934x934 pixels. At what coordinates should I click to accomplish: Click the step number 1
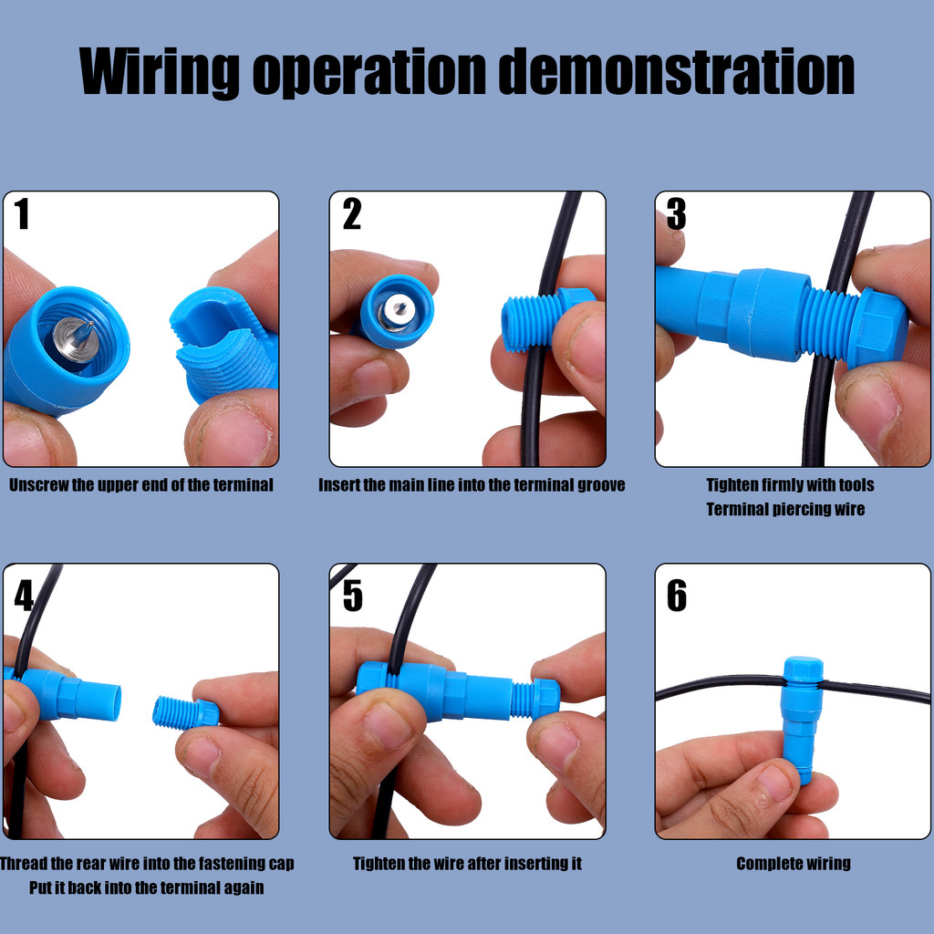point(23,214)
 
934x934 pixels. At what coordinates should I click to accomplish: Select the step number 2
point(352,214)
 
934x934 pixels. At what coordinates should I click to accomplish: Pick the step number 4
point(24,596)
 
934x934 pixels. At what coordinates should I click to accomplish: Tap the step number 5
point(352,596)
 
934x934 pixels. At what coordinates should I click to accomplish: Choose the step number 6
point(676,596)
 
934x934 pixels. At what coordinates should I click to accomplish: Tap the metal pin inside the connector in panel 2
point(396,310)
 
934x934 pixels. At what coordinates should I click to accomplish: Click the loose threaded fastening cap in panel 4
point(185,712)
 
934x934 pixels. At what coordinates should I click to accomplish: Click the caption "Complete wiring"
point(793,863)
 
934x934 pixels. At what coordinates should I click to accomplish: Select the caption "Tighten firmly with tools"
point(790,484)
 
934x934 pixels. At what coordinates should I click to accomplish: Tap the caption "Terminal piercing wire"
point(784,509)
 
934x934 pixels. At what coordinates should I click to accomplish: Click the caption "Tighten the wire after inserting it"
point(467,863)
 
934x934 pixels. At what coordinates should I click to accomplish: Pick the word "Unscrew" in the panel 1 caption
point(37,484)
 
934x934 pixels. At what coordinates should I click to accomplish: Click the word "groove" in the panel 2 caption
point(601,484)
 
